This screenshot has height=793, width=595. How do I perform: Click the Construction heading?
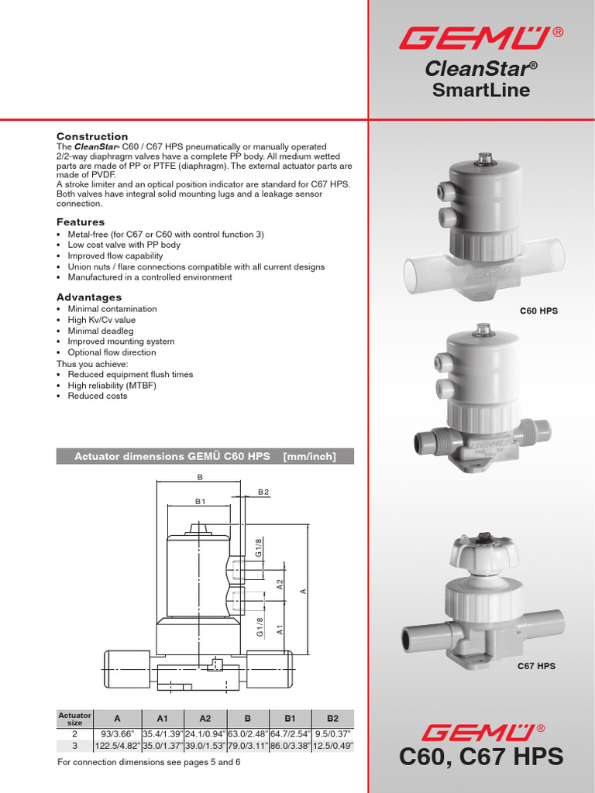pos(92,136)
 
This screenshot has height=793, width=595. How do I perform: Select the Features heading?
pos(81,222)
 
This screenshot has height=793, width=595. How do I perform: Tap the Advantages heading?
pos(89,297)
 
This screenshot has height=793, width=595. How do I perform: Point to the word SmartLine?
pos(480,91)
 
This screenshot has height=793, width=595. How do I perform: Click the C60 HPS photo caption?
pos(538,311)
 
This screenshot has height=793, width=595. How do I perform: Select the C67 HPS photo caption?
pos(536,666)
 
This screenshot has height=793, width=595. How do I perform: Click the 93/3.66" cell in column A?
pos(118,733)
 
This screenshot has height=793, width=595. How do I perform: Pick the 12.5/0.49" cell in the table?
pos(333,746)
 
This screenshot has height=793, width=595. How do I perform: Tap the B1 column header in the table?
pos(290,719)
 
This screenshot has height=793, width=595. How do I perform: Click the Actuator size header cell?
pos(75,719)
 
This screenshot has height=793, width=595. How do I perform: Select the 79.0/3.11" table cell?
pos(247,746)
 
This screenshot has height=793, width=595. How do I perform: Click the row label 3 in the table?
pos(75,746)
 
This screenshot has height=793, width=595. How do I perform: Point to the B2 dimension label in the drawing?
pos(263,492)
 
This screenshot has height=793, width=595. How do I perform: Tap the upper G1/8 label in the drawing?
pos(259,547)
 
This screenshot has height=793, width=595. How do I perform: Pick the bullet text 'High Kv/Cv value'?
pos(101,320)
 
